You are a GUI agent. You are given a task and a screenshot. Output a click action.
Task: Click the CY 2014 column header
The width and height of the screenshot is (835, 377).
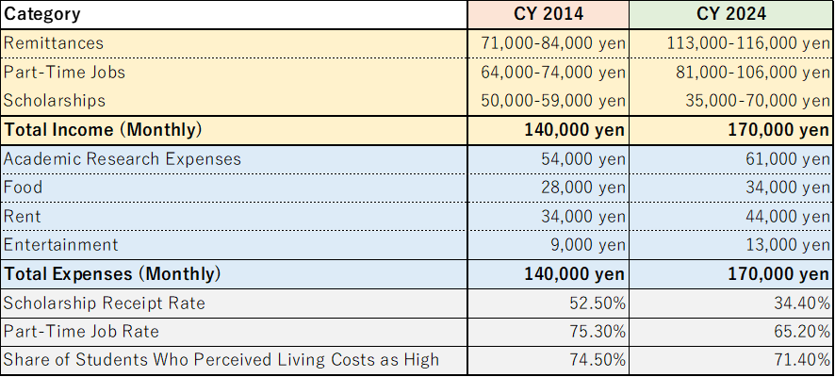[548, 14]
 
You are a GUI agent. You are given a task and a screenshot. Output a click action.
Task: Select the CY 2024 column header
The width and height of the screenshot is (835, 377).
[731, 14]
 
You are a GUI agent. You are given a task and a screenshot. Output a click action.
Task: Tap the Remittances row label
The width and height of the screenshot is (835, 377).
[54, 43]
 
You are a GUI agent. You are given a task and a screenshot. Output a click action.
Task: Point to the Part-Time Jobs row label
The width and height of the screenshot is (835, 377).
[64, 72]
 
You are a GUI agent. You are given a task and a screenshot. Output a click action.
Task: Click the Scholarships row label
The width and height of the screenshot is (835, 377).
[55, 100]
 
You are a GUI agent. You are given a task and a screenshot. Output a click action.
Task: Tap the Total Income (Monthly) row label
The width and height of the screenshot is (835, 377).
[103, 129]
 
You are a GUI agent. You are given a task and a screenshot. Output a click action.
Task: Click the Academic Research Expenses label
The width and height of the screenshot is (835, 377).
[123, 158]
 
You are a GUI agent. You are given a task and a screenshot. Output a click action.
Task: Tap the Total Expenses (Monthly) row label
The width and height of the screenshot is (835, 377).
[112, 274]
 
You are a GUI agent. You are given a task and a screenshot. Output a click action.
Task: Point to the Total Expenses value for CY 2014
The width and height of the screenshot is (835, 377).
[575, 274]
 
